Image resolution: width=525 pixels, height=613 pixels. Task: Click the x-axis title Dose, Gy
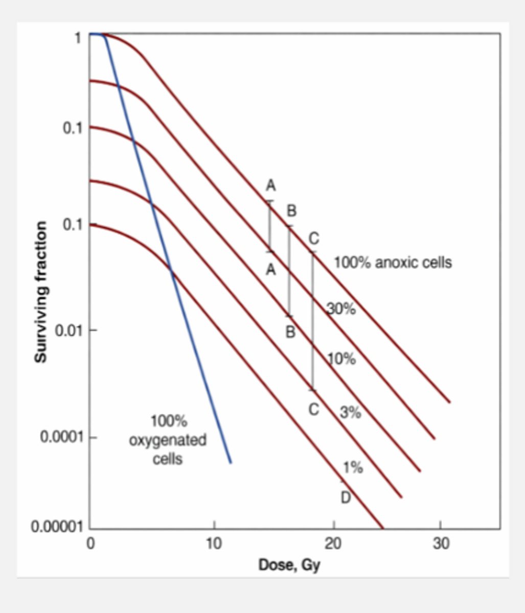coord(289,565)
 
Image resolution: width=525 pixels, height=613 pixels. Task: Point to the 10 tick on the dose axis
coord(214,544)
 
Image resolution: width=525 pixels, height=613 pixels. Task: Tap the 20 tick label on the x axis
coord(333,544)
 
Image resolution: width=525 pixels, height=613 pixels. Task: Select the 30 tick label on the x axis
coord(441,544)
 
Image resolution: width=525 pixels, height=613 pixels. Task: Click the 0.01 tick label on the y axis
coord(69,330)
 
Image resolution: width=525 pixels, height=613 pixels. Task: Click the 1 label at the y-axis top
coord(78,37)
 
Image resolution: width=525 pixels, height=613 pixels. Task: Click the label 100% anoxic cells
coord(393,263)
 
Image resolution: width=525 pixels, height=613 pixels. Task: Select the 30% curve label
coord(341,309)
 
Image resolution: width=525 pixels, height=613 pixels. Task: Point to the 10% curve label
coord(341,359)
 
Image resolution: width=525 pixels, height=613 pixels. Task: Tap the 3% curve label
coord(350,412)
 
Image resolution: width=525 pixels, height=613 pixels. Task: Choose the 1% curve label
coord(352,467)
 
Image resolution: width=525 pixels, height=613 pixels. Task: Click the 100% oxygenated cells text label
coord(168,440)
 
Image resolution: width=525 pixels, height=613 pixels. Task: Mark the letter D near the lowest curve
coord(346,497)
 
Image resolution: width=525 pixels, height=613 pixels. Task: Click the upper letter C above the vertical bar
coord(313,238)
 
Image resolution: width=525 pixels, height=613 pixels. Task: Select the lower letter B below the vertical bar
coord(290,332)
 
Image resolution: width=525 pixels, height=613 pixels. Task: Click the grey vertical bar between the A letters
coord(270,226)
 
